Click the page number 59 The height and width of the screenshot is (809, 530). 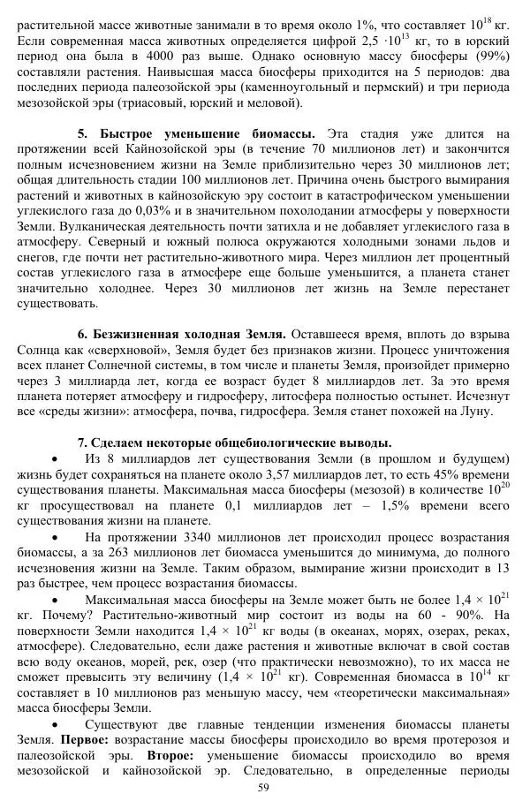(x=262, y=788)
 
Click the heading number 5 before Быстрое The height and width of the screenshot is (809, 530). (x=82, y=134)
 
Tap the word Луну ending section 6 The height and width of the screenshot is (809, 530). (x=475, y=411)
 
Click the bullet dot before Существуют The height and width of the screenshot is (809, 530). (x=57, y=722)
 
